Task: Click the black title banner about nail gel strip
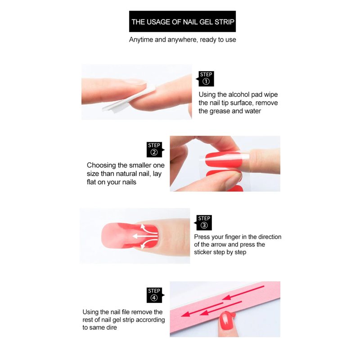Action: (182, 21)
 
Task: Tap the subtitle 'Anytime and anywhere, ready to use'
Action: (183, 40)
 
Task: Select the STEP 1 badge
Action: (206, 79)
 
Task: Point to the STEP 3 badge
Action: (203, 223)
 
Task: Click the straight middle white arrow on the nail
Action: (145, 236)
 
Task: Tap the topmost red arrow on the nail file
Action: (243, 293)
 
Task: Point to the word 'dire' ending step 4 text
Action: (111, 328)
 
